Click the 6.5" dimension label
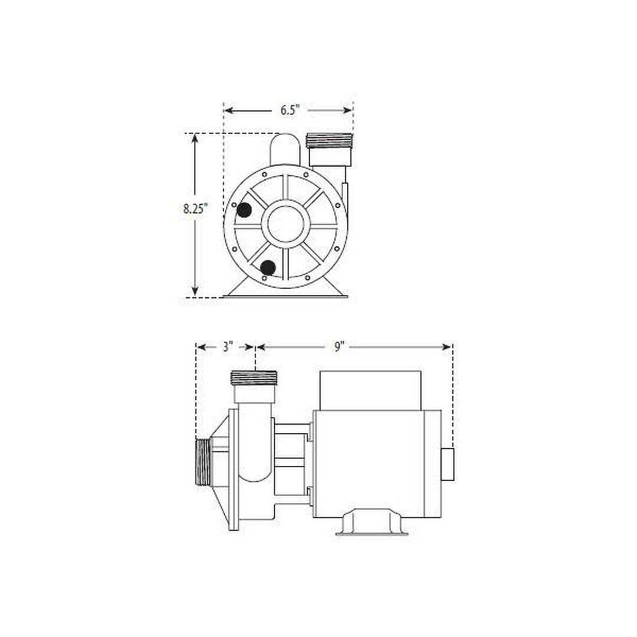[x=290, y=110]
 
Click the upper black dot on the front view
[x=244, y=209]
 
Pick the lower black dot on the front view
[x=268, y=268]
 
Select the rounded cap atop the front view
[x=285, y=149]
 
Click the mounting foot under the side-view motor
[x=372, y=521]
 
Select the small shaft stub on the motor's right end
[x=448, y=464]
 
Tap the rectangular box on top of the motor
[x=370, y=389]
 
